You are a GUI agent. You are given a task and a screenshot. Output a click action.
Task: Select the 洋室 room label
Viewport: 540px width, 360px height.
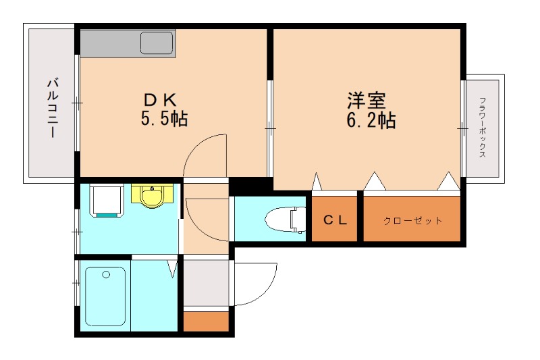pos(367,101)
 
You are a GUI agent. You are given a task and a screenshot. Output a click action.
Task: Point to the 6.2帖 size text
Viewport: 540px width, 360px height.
pos(371,121)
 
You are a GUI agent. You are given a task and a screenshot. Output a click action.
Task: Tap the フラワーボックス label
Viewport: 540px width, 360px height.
pos(483,128)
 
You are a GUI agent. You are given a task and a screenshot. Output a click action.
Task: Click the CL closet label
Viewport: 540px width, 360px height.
pos(335,220)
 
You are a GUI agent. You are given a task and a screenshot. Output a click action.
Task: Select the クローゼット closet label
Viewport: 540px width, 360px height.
pos(412,220)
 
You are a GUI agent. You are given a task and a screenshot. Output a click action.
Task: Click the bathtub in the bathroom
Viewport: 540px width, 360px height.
pos(105,297)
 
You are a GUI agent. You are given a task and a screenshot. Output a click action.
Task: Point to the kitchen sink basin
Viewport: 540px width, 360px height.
pos(157,44)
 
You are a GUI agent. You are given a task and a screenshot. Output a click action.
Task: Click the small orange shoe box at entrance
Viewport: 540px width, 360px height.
pos(206,321)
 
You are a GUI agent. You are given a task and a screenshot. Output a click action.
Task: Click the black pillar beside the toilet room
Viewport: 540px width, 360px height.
pos(250,186)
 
